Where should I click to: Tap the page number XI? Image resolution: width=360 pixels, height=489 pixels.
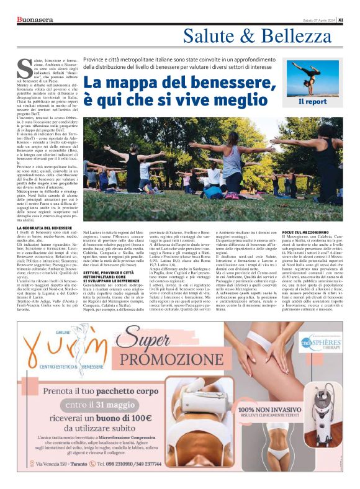tap(349, 20)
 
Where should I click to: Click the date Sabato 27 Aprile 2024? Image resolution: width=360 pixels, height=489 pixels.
tap(323, 20)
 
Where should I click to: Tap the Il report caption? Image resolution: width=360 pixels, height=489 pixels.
tap(312, 101)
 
